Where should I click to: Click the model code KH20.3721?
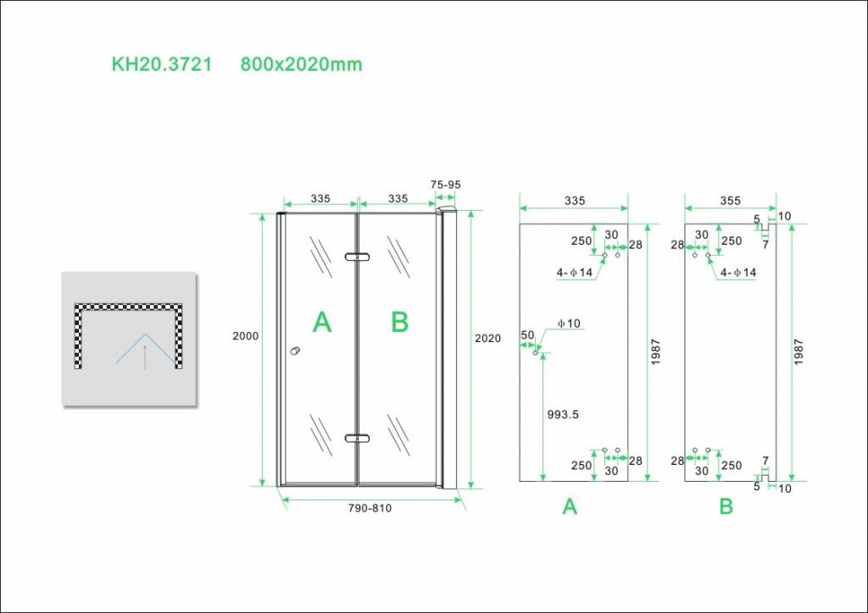[162, 64]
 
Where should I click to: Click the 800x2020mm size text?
[301, 64]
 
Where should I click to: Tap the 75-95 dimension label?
[446, 185]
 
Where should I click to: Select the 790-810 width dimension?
[370, 508]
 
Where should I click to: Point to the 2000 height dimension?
[245, 336]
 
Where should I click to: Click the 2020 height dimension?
[487, 339]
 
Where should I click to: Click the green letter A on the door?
[322, 322]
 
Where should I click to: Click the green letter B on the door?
[399, 322]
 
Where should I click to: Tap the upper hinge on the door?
[357, 257]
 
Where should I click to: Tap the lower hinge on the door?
[357, 438]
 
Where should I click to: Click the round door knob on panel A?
[294, 351]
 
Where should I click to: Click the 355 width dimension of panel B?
[730, 201]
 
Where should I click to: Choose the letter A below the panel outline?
[570, 506]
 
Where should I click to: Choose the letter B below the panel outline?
[726, 506]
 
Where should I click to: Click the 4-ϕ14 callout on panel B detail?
[738, 273]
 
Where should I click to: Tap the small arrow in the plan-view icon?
[145, 356]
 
